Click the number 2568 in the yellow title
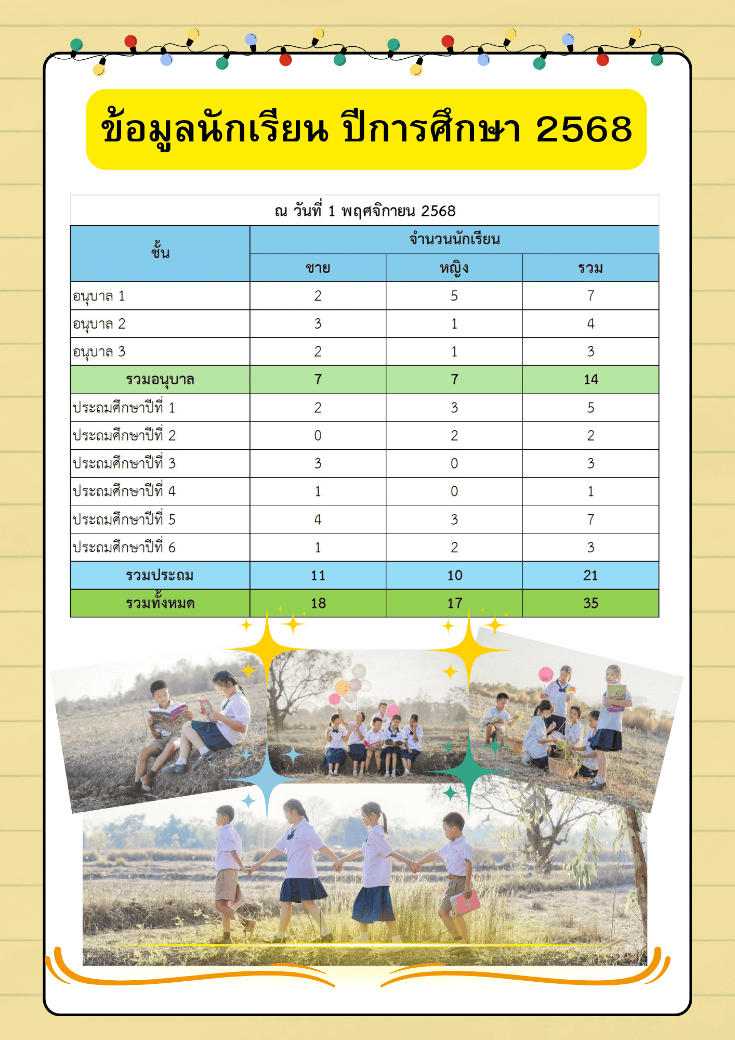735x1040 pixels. coord(584,129)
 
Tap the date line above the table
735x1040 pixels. coord(365,211)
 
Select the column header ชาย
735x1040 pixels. coord(318,268)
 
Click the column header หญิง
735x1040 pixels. coord(454,268)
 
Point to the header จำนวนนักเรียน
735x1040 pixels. coord(454,240)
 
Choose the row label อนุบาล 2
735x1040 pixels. coord(99,324)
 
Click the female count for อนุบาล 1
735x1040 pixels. coord(454,296)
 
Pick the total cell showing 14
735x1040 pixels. coord(590,380)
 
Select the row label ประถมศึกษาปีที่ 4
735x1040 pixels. coord(124,491)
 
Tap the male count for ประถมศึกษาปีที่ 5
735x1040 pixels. coord(318,519)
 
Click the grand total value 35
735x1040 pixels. coord(590,603)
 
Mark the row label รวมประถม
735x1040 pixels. coord(160,576)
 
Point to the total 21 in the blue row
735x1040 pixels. coord(590,576)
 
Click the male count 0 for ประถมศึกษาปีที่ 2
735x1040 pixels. coord(318,436)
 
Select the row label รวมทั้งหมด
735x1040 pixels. coord(160,603)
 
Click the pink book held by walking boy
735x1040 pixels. coord(465,903)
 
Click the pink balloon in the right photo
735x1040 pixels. coord(545,674)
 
